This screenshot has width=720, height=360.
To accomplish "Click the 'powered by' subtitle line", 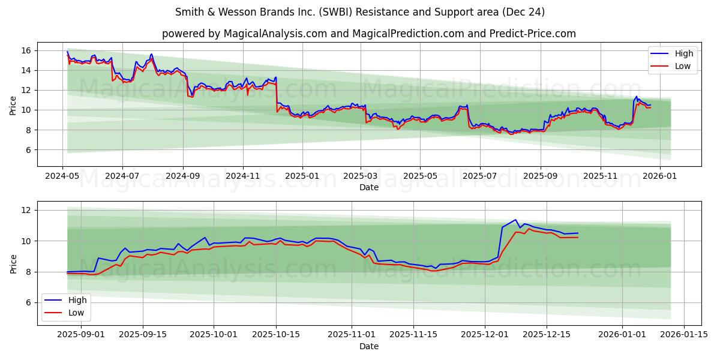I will pos(368,34).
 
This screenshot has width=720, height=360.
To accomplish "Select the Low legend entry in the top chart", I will pos(683,66).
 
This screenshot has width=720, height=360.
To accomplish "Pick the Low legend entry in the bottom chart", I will pos(76,313).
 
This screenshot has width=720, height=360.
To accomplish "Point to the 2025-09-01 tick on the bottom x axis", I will pos(81,334).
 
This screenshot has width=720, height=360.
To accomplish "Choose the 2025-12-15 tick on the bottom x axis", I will pos(546,334).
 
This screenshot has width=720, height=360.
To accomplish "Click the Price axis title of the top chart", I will pos(13,104).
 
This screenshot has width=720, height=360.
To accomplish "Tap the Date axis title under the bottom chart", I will pos(368,346).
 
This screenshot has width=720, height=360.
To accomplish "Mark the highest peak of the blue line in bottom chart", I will pos(515,220).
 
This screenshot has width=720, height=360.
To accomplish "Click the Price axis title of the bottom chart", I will pos(13,263).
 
